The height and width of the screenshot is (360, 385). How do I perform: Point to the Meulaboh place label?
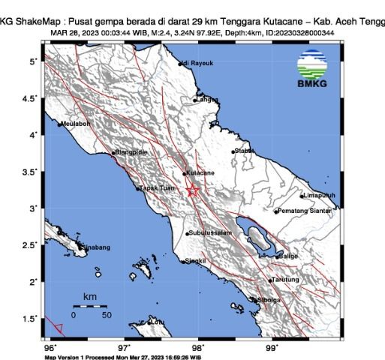pyautogui.click(x=75, y=124)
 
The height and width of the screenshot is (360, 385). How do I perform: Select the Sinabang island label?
pyautogui.click(x=95, y=247)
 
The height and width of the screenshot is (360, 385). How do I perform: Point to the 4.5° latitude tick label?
pyautogui.click(x=31, y=98)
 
